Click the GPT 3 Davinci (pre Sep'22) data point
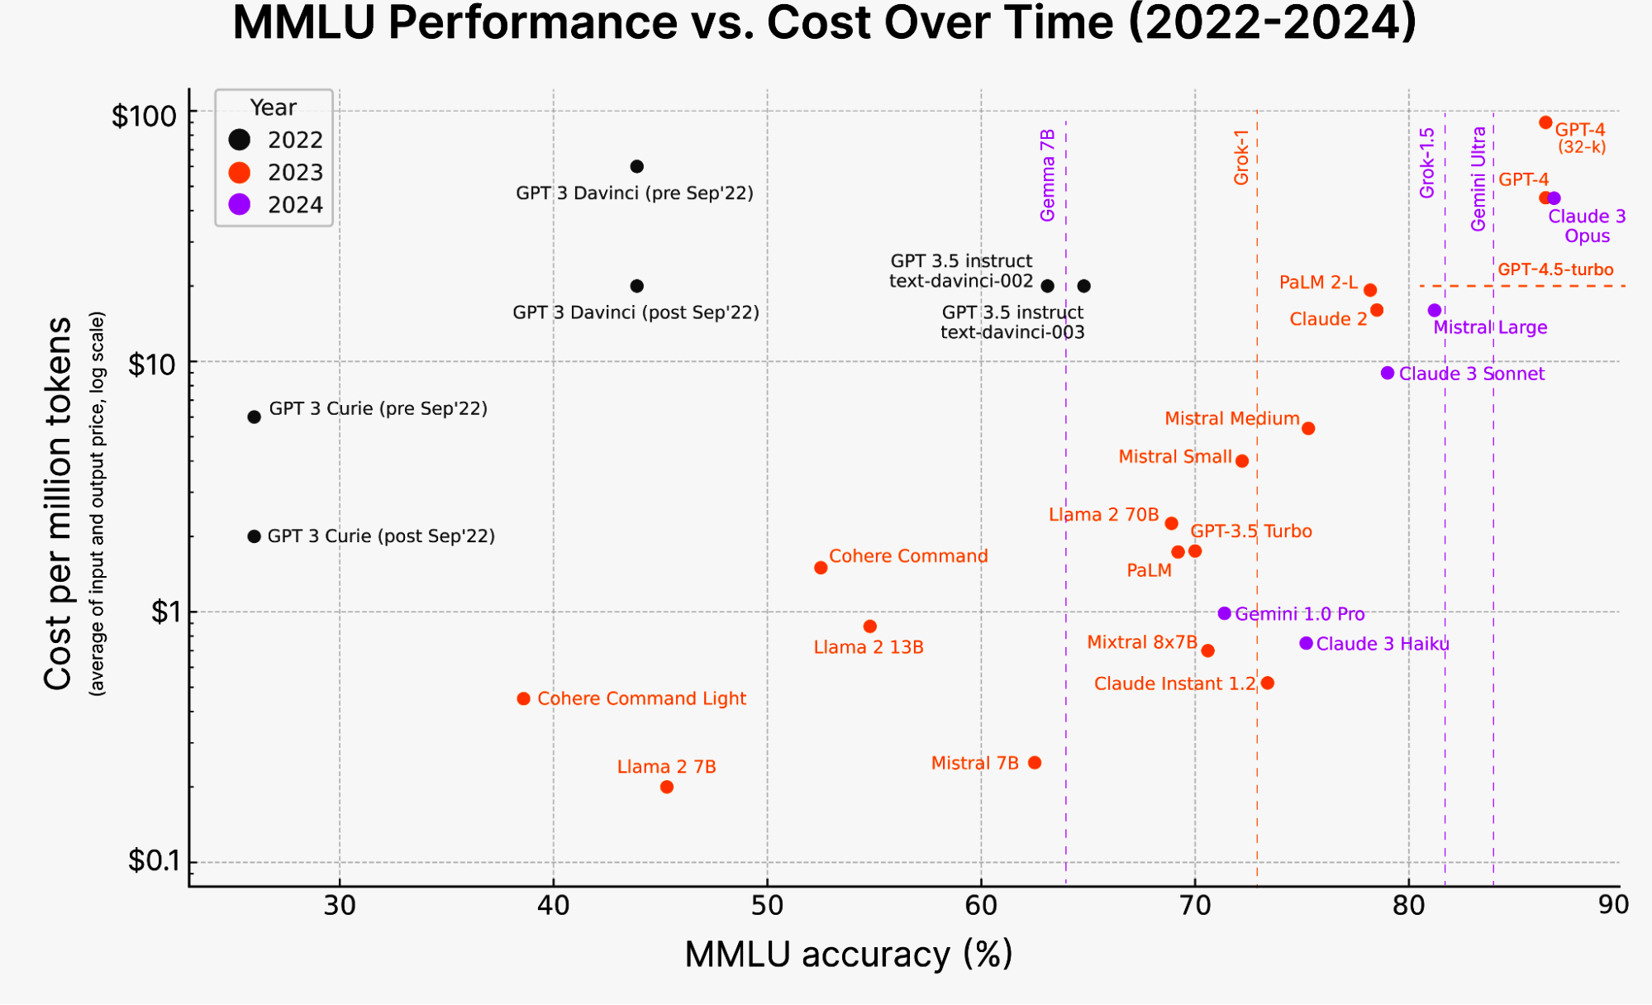636,167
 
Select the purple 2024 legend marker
240,205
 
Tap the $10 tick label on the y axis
152,364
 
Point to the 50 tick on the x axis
767,906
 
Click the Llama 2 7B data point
667,788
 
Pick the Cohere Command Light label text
641,699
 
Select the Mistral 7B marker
1035,763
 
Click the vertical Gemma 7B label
1048,175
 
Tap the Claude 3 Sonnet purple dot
1388,374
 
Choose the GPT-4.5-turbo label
1555,270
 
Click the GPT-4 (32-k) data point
1545,123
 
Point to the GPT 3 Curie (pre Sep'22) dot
255,417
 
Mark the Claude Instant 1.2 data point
1268,683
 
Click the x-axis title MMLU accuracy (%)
849,955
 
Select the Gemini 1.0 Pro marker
1225,614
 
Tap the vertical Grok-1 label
1241,157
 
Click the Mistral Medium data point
1308,429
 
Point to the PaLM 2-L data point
1370,291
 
